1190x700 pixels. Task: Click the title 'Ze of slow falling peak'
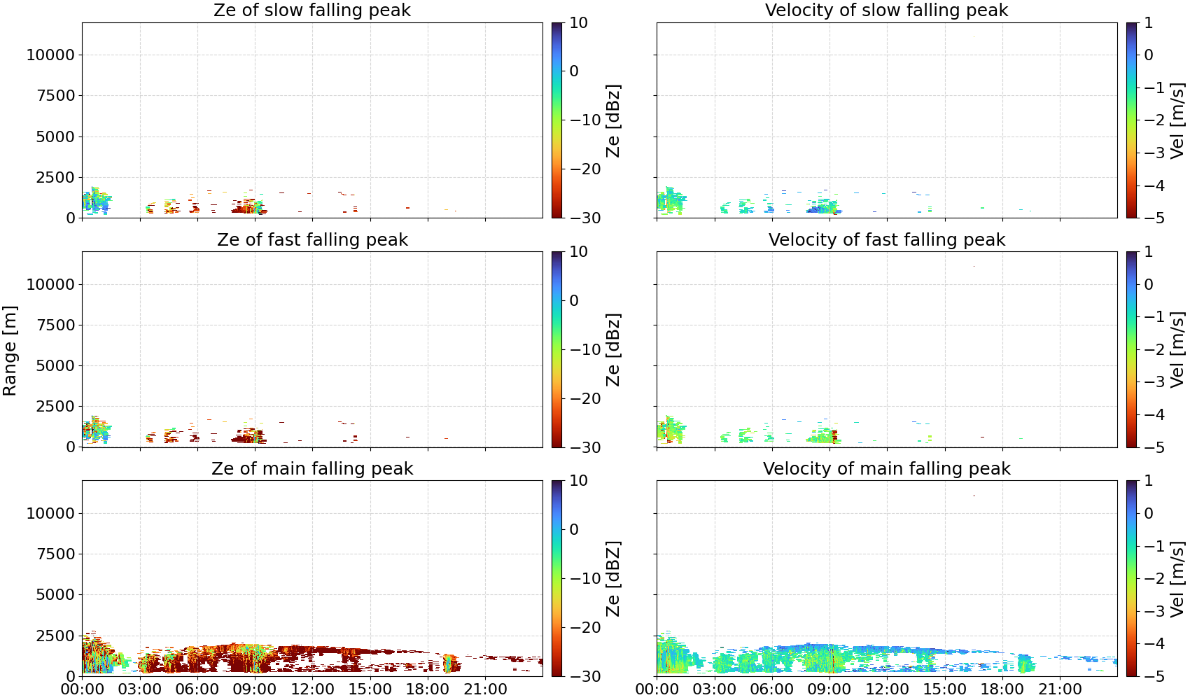coord(312,10)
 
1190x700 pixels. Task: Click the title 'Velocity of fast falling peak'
coord(887,239)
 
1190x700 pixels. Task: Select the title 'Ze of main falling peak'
coord(312,468)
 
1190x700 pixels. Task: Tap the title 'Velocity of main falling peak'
coord(887,468)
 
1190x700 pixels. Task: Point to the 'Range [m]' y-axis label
coord(10,351)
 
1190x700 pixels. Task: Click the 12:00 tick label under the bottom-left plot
coord(312,689)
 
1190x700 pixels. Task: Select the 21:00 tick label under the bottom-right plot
coord(1060,689)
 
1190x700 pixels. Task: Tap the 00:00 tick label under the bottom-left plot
coord(83,689)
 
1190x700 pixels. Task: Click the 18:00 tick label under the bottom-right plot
coord(1002,689)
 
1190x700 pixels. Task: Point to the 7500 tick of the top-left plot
coord(55,96)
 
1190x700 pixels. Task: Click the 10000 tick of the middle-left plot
coord(50,284)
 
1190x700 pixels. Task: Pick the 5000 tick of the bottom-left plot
coord(55,594)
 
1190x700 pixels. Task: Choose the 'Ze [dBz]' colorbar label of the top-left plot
coord(612,120)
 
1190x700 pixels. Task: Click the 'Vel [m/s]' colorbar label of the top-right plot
coord(1177,120)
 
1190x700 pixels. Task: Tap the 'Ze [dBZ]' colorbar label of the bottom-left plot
coord(612,578)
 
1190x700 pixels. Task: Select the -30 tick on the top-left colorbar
coord(585,218)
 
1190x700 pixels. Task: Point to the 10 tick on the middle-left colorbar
coord(578,252)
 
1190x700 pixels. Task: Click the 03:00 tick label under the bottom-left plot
coord(140,689)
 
